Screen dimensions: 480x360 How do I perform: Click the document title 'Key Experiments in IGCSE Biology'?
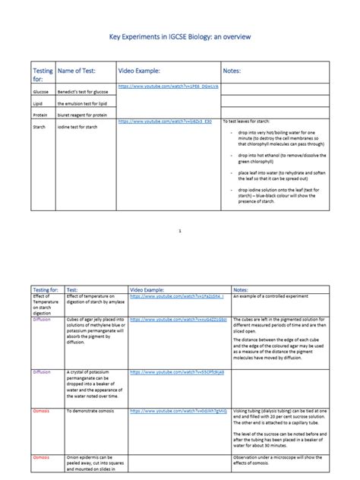[180, 36]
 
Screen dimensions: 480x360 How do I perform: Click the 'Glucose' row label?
[42, 89]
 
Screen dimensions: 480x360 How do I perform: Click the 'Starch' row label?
[39, 128]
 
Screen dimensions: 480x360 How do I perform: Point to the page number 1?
[180, 229]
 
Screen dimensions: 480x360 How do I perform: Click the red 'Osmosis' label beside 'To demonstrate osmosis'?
[41, 410]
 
